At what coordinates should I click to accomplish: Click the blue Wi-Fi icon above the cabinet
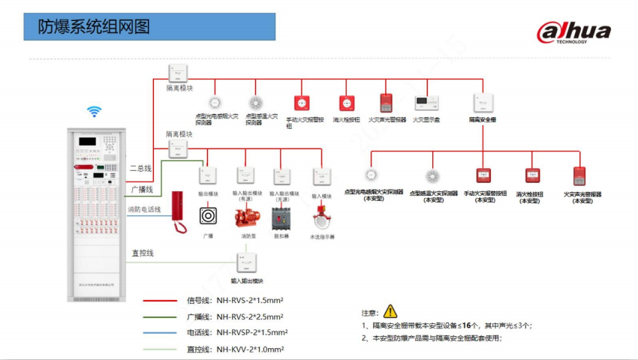[x=94, y=112]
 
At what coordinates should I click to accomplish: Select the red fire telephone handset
[x=179, y=211]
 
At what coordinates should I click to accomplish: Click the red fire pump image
[x=246, y=217]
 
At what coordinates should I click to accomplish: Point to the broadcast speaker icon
[x=208, y=216]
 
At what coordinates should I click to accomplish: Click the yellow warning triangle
[x=390, y=311]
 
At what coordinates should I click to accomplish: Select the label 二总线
[x=140, y=169]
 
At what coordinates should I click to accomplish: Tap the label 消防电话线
[x=143, y=209]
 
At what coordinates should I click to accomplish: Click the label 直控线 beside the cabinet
[x=142, y=253]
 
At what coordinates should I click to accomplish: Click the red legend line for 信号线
[x=159, y=300]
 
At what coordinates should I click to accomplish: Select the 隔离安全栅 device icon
[x=483, y=103]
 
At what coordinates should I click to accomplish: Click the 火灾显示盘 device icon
[x=426, y=103]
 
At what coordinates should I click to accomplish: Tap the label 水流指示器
[x=322, y=236]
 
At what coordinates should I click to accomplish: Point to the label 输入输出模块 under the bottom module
[x=247, y=281]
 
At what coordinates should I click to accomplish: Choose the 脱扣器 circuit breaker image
[x=281, y=217]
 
